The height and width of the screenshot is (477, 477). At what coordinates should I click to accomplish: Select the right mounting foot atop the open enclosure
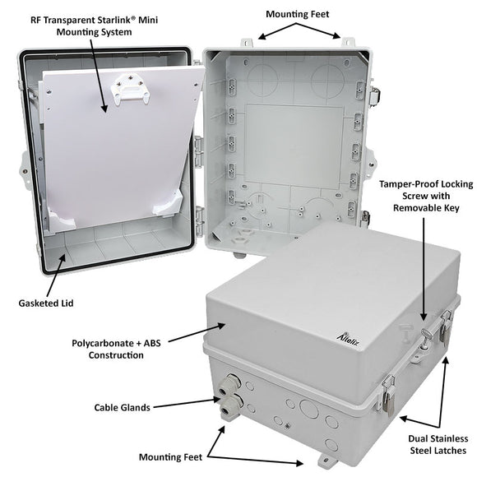pos(346,42)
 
